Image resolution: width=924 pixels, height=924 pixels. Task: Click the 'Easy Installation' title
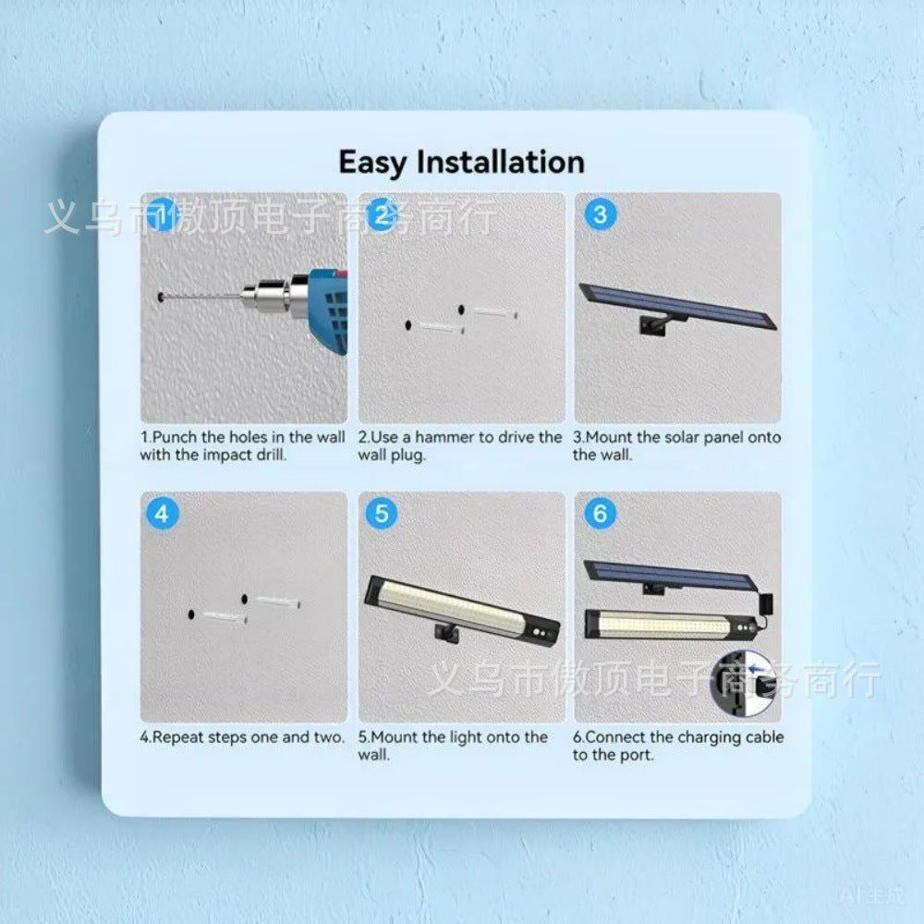click(x=461, y=162)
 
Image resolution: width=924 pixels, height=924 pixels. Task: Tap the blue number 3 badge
click(x=600, y=214)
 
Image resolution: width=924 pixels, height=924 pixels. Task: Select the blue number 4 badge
click(x=162, y=513)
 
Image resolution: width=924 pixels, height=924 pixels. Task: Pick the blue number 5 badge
click(x=382, y=513)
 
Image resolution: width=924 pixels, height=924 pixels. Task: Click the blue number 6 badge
click(x=600, y=513)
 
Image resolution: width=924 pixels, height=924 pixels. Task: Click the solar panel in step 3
click(x=677, y=305)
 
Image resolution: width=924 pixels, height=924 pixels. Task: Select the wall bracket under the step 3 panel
click(x=655, y=324)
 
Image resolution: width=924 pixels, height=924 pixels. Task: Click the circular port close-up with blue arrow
click(x=744, y=683)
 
